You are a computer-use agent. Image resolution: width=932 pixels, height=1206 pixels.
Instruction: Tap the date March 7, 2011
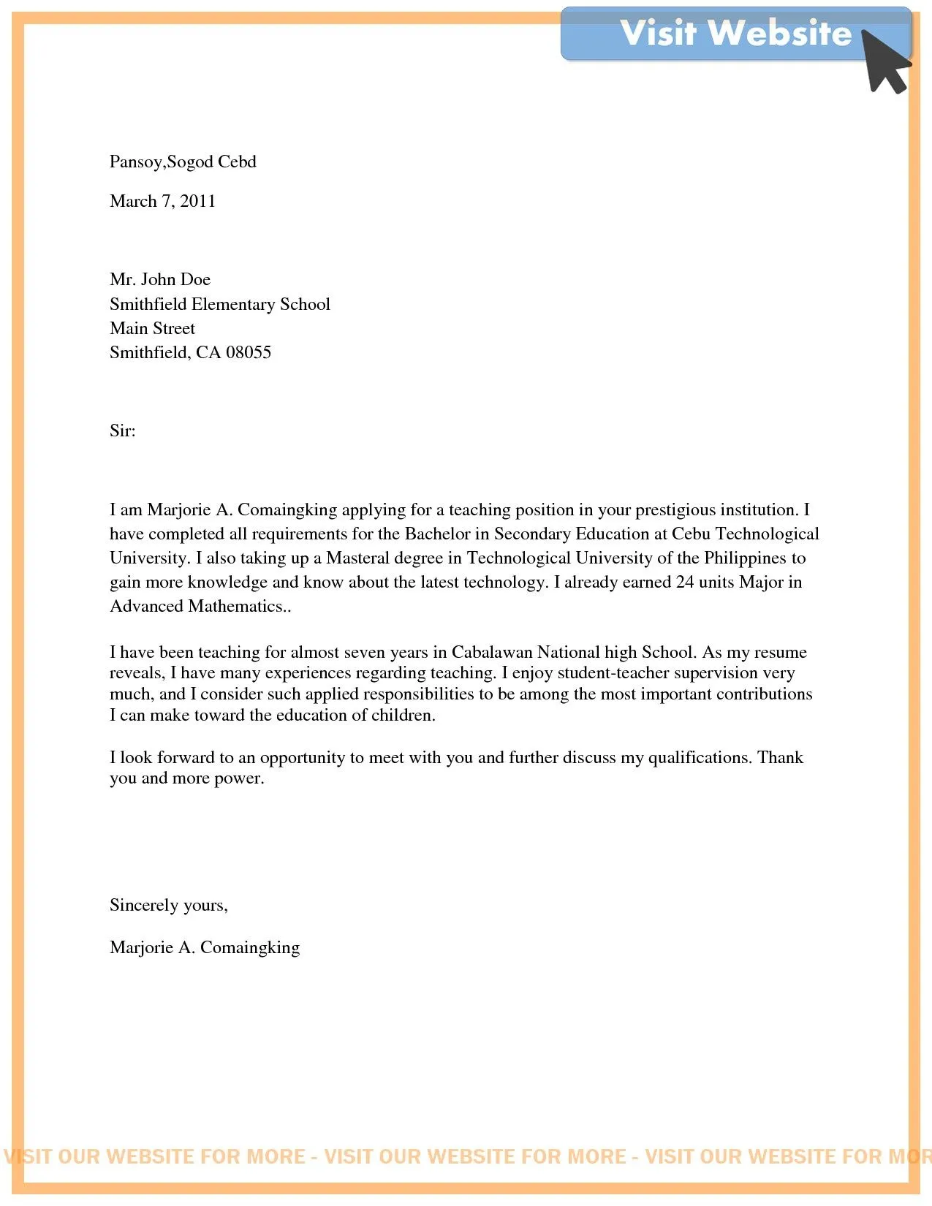(162, 201)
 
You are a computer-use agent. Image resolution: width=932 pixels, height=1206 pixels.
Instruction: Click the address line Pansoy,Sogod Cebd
(183, 162)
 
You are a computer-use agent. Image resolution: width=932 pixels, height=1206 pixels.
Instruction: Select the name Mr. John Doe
(160, 279)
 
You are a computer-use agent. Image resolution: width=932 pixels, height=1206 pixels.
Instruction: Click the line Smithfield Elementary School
(219, 304)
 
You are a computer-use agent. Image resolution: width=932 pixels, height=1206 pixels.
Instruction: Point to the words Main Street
(152, 328)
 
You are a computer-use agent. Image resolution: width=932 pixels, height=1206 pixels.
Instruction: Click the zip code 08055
(249, 352)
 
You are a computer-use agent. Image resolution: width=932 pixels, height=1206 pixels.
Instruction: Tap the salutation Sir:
(122, 431)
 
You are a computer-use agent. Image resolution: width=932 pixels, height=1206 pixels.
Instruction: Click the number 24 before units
(684, 582)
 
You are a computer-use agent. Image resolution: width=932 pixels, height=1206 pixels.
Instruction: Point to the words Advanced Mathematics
(196, 606)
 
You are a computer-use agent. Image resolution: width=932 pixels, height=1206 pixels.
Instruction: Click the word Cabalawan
(491, 652)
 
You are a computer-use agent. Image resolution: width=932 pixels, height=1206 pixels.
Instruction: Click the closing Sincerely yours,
(168, 905)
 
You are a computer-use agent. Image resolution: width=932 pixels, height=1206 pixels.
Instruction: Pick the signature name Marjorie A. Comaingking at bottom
(204, 947)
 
